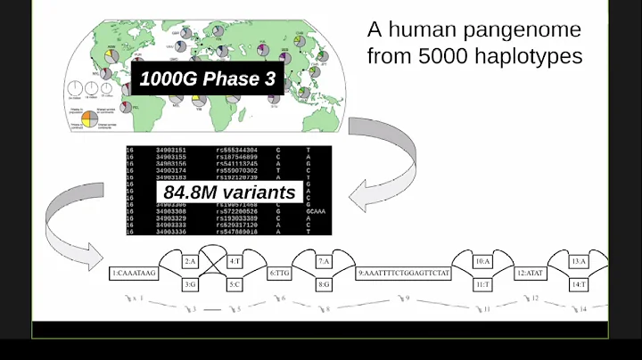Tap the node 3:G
point(190,284)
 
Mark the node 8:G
point(325,284)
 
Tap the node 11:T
point(482,284)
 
